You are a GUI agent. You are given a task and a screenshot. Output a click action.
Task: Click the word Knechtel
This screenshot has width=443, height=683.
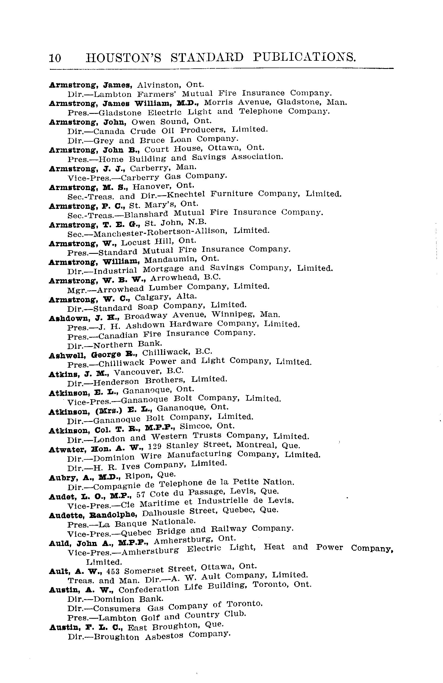186,194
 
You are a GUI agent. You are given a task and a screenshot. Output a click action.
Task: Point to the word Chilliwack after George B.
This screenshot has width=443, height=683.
166,352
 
